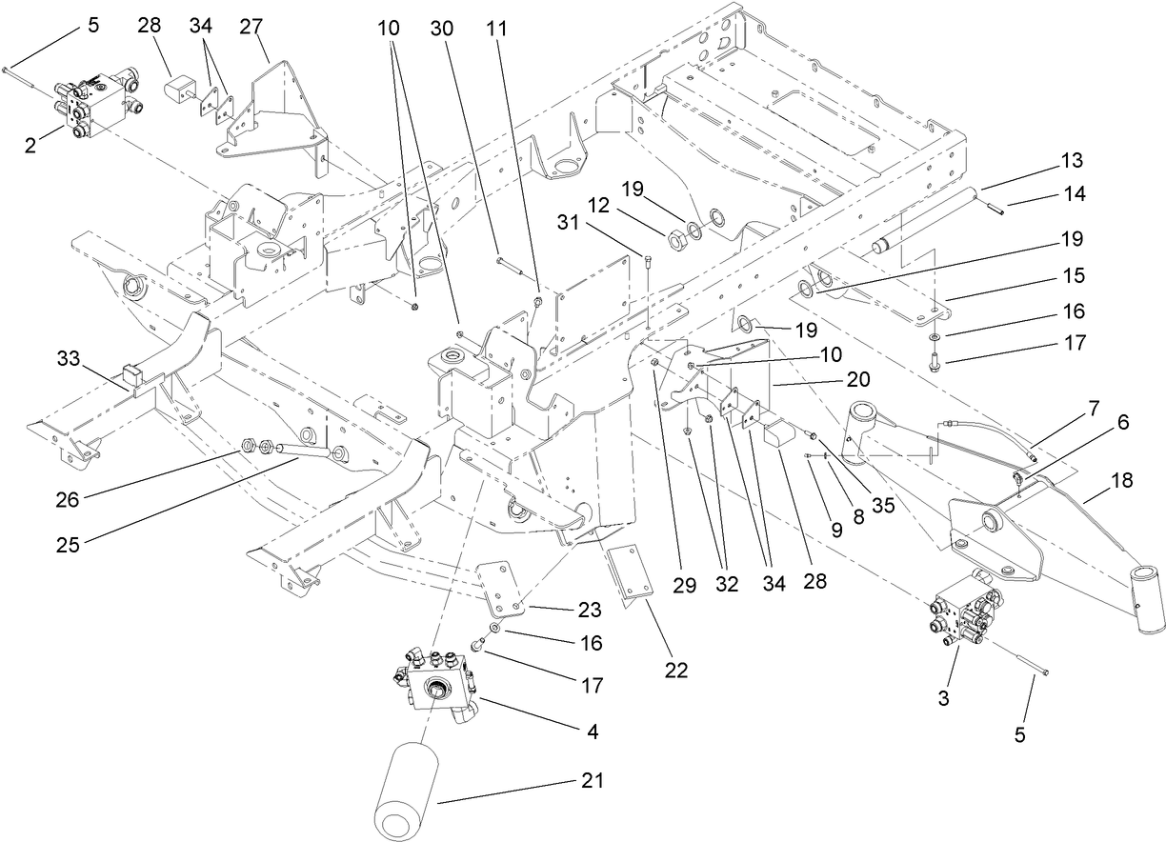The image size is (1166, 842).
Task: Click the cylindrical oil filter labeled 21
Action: [407, 787]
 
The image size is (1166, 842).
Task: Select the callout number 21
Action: [592, 781]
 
